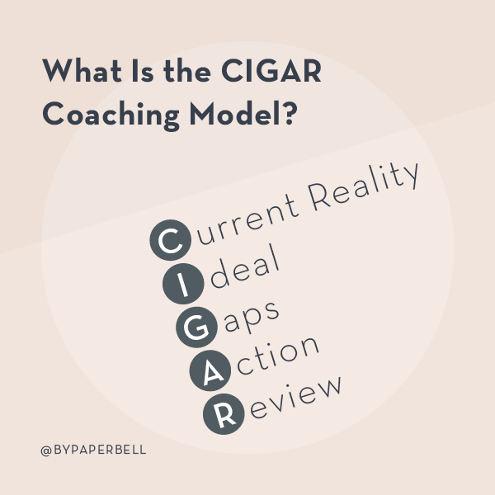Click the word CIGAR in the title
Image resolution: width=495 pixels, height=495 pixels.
(271, 71)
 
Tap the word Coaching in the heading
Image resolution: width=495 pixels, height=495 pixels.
(111, 115)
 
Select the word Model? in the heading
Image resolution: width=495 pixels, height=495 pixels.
(243, 113)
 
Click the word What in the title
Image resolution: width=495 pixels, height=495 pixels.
(82, 70)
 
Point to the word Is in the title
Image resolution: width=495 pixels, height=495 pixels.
(143, 71)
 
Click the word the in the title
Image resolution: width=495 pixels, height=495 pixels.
(187, 70)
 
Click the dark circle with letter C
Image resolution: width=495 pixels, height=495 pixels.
(171, 240)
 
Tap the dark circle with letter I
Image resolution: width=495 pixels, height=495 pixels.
(183, 284)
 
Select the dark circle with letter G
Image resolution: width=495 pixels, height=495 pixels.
(196, 327)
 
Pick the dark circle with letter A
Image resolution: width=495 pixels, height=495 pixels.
(210, 370)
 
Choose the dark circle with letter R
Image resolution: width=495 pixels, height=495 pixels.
(224, 414)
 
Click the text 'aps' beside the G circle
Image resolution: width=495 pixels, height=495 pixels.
(251, 317)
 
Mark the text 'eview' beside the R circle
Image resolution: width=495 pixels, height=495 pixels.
(296, 397)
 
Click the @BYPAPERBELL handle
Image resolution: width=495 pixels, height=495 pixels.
(93, 450)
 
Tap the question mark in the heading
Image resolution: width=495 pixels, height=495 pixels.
(290, 112)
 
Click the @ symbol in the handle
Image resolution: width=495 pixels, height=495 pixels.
(46, 450)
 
